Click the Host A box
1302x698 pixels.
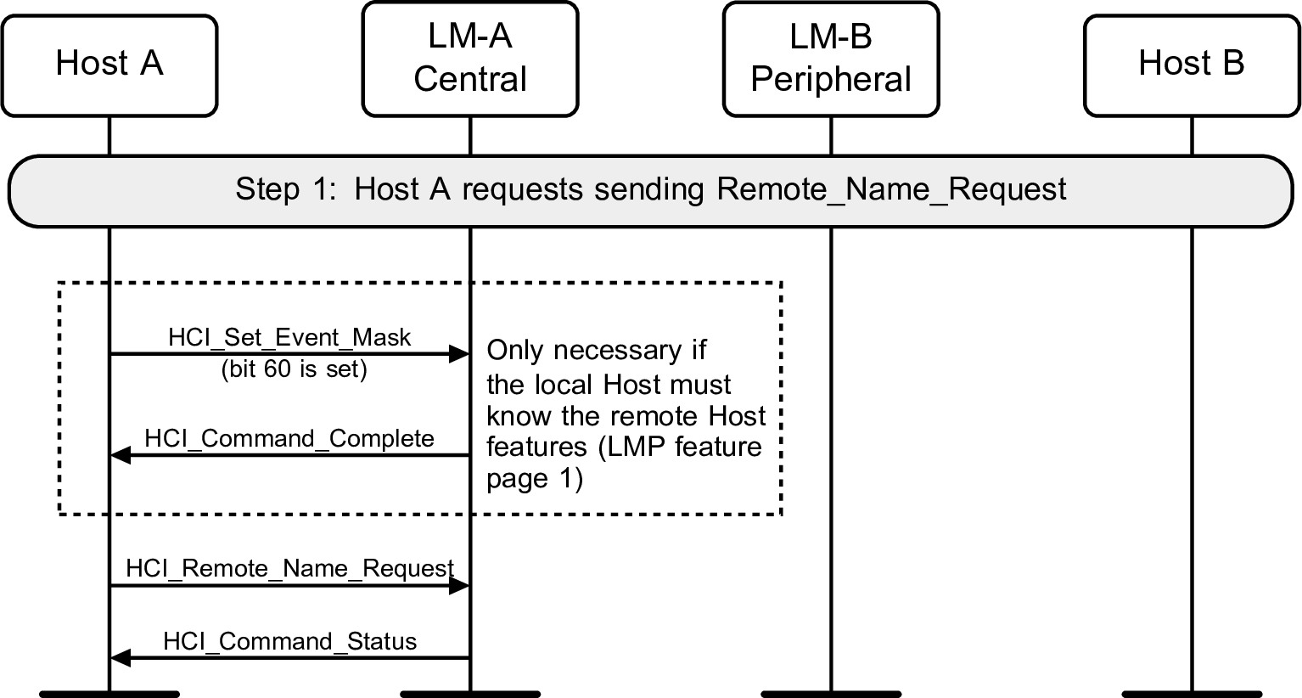click(x=109, y=65)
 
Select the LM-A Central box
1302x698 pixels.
click(x=470, y=59)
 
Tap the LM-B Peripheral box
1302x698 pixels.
click(x=831, y=59)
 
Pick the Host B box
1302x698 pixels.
click(x=1192, y=65)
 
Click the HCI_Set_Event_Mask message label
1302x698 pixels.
click(x=289, y=337)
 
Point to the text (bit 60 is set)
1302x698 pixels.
click(x=294, y=370)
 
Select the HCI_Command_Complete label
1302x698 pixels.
click(x=289, y=438)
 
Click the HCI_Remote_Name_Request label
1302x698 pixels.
click(x=289, y=568)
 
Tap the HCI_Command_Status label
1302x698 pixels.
click(x=289, y=641)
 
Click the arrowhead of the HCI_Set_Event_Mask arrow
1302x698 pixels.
click(x=459, y=353)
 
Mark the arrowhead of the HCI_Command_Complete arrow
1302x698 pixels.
click(x=121, y=456)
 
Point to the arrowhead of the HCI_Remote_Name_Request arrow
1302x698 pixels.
click(x=459, y=585)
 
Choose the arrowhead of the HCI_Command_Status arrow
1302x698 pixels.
click(x=121, y=658)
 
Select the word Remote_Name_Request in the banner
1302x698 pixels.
click(x=891, y=189)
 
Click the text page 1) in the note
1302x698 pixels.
click(x=535, y=479)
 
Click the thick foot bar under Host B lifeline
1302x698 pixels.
click(x=1192, y=693)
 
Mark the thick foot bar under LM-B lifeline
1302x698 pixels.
click(x=831, y=693)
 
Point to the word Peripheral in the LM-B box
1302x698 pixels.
click(x=831, y=80)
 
